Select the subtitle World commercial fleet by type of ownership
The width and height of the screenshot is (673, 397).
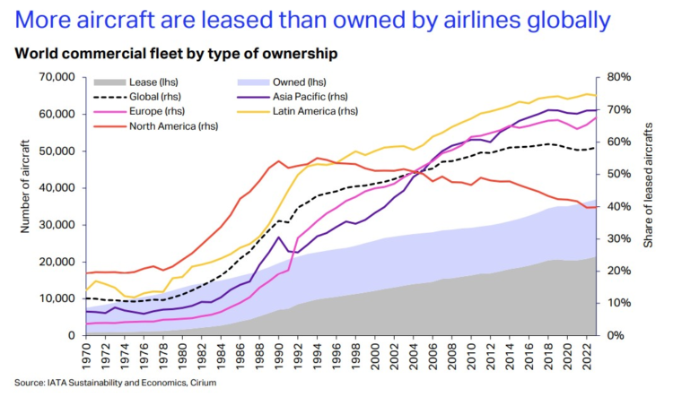click(x=175, y=54)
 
